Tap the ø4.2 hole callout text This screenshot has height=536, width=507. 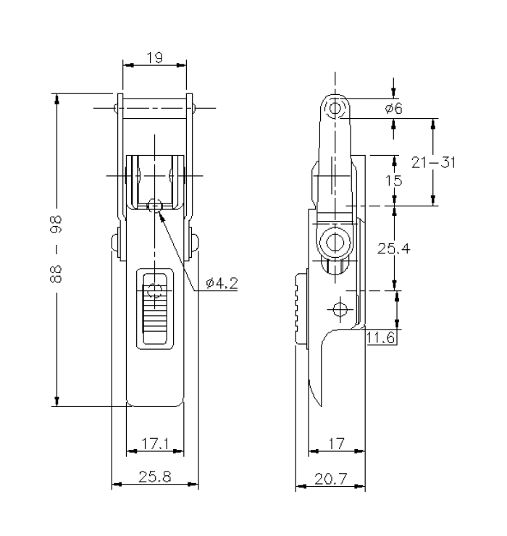point(222,283)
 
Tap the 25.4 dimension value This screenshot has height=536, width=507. point(394,248)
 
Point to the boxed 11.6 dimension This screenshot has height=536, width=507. point(382,337)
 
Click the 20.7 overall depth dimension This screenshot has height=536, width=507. point(330,477)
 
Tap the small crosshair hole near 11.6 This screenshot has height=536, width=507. point(338,309)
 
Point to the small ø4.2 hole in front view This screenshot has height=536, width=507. point(153,206)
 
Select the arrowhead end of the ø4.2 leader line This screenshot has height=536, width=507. point(156,211)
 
